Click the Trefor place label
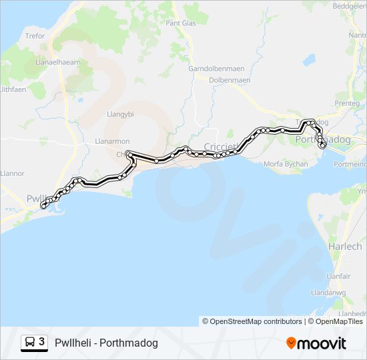click(x=35, y=36)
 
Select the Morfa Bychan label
click(x=286, y=164)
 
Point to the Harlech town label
click(x=345, y=247)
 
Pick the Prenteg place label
click(x=347, y=103)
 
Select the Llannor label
click(x=12, y=173)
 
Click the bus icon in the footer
click(x=30, y=343)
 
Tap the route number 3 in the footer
click(x=42, y=342)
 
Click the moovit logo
click(x=316, y=343)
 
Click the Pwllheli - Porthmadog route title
click(x=107, y=343)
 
